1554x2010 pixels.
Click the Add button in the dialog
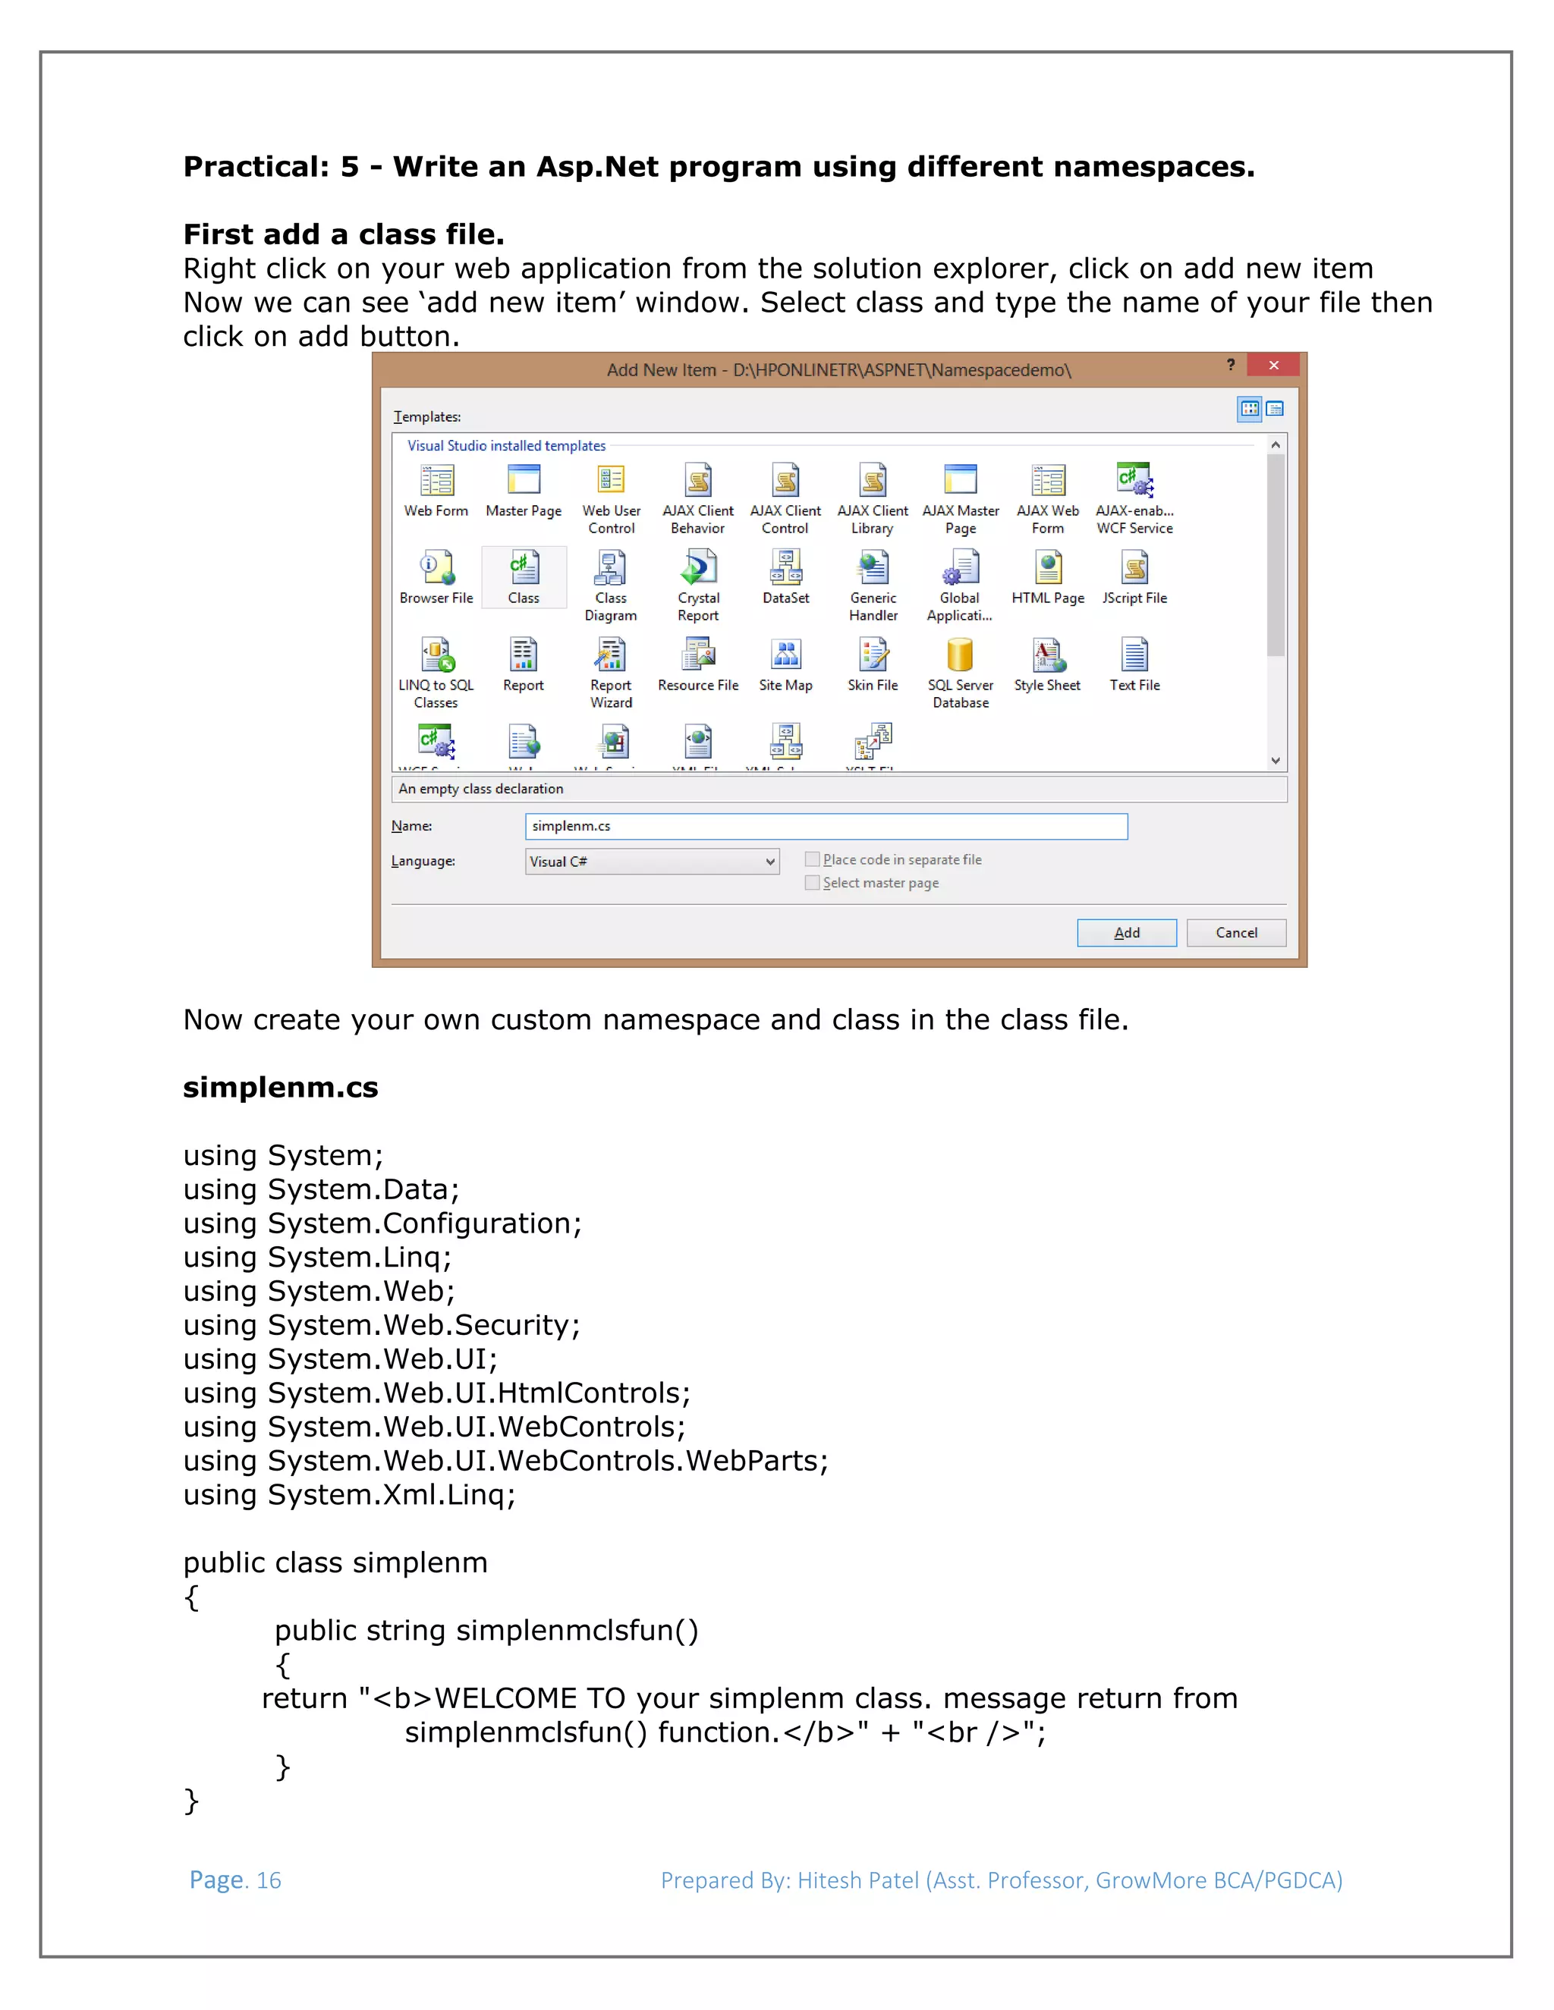tap(1126, 932)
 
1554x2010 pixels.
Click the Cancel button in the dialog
tap(1235, 932)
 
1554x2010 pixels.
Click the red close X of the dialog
tap(1273, 366)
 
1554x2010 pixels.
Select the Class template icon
tap(524, 569)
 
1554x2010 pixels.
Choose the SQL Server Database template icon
tap(959, 656)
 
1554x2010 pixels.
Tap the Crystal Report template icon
tap(698, 569)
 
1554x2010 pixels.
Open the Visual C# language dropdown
tap(769, 862)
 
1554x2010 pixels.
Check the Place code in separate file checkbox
tap(812, 859)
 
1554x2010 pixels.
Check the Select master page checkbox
tap(812, 883)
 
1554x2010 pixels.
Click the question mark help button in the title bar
tap(1230, 366)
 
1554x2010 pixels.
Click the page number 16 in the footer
tap(269, 1880)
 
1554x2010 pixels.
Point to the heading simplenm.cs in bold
tap(280, 1087)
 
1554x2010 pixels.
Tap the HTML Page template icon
tap(1048, 569)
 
